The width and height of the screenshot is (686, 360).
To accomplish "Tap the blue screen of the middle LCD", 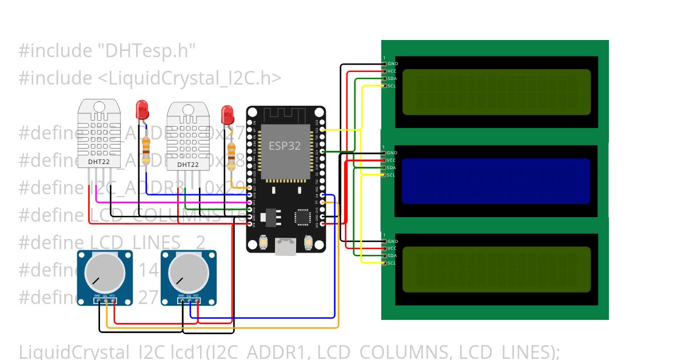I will (x=496, y=181).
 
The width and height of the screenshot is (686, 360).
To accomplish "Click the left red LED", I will (x=141, y=109).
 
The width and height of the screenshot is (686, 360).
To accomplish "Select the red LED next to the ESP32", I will (x=228, y=114).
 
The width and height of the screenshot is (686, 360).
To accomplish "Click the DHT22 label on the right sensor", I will (x=188, y=165).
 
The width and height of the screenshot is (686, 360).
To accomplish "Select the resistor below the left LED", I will (x=147, y=151).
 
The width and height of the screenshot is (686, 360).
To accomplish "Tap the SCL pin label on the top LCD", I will (x=392, y=86).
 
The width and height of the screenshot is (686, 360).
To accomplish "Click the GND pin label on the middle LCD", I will (x=392, y=153).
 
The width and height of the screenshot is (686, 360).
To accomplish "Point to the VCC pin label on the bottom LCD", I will (x=392, y=249).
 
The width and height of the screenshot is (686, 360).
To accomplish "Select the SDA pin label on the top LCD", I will (x=392, y=79).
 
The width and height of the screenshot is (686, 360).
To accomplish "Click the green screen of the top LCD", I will (x=496, y=92).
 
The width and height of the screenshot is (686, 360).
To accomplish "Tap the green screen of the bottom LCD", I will (x=496, y=269).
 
